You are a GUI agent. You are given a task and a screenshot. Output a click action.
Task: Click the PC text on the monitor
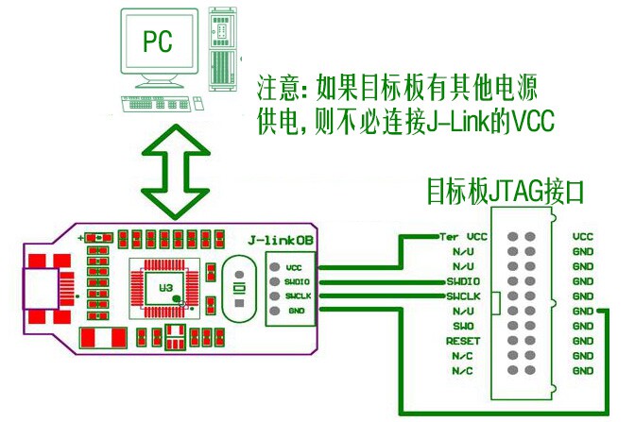[157, 40]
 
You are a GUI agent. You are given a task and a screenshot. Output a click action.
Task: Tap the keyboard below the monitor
[161, 101]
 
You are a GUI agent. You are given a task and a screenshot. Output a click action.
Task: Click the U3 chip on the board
[167, 286]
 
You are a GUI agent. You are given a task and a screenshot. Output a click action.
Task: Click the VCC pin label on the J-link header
[293, 267]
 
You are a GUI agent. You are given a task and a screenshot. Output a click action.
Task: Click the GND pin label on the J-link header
[295, 310]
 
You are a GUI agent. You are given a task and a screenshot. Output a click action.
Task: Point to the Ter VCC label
[463, 236]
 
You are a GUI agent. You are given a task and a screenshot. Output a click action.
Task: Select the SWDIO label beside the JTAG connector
[463, 281]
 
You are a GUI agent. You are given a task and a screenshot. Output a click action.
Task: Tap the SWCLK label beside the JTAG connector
[463, 296]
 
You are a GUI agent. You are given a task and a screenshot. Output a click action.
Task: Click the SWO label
[463, 326]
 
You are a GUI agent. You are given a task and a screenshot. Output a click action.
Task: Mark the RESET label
[463, 341]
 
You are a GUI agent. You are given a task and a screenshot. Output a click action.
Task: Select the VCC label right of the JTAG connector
[583, 236]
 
